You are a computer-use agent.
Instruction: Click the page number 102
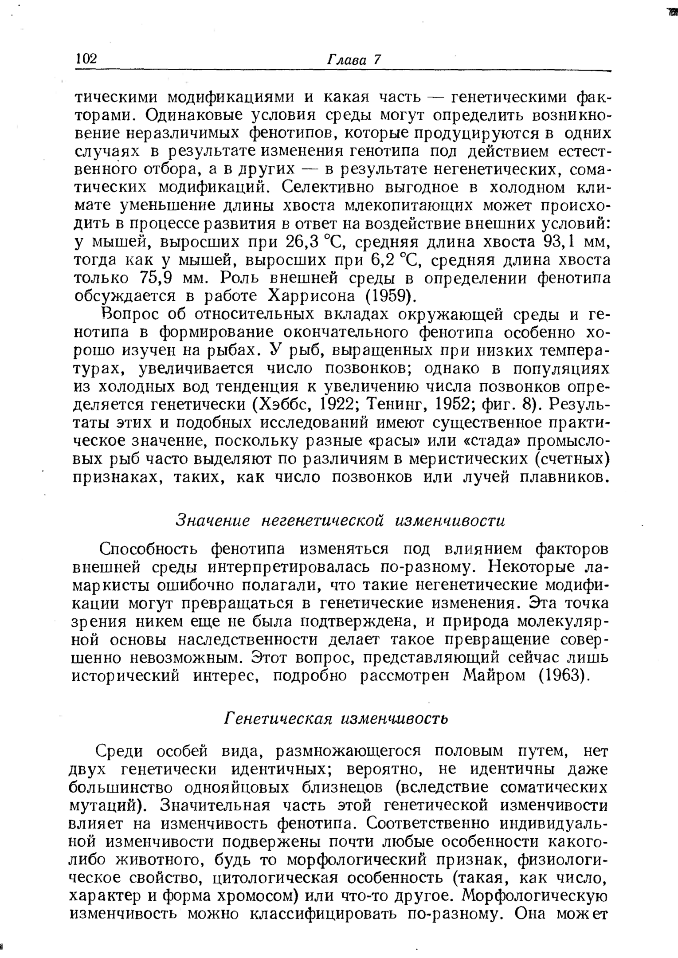pos(86,59)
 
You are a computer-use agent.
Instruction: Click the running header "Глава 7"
pos(354,59)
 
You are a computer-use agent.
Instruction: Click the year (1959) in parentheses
pos(393,296)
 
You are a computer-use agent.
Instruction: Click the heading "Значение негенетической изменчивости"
pos(341,520)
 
